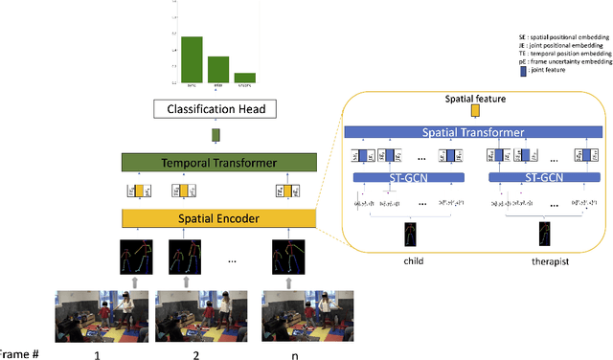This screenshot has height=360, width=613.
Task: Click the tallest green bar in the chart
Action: (x=192, y=59)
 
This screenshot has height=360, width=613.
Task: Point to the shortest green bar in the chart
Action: (x=245, y=78)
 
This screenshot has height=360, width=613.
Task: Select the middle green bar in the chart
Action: (x=218, y=69)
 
